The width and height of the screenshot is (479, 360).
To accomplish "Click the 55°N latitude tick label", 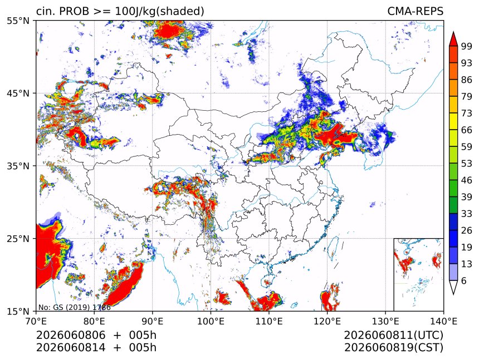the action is (x=17, y=21).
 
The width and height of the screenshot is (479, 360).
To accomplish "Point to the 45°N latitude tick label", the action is (x=17, y=93).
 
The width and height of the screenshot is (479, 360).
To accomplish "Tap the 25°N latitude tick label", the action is (x=17, y=239).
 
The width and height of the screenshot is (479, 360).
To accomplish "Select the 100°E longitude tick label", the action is (x=211, y=321).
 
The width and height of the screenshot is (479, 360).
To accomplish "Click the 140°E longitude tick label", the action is (x=443, y=321).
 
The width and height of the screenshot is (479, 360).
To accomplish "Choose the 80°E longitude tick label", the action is (x=94, y=321).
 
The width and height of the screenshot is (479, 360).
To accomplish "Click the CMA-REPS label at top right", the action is (x=415, y=11).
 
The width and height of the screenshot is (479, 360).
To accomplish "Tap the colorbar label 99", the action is (x=467, y=46).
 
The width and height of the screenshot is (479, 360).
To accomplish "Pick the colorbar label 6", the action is (x=464, y=280).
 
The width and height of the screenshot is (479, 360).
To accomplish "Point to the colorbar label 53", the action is (x=467, y=164).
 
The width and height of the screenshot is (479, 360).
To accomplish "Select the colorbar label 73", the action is (x=467, y=113).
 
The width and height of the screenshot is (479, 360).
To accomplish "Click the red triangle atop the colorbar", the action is (x=453, y=39).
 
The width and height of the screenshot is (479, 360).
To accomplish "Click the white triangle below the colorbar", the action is (x=453, y=288).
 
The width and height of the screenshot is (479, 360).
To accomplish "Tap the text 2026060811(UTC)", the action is (x=393, y=335).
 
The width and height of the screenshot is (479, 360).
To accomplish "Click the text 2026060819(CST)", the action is (x=393, y=348).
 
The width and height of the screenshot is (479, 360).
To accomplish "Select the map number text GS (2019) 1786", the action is (x=82, y=307).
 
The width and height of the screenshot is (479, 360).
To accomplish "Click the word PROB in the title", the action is (x=74, y=11).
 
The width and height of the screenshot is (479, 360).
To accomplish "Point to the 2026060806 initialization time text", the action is (x=71, y=335).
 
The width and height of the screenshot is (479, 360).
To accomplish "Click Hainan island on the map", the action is (x=267, y=281).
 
